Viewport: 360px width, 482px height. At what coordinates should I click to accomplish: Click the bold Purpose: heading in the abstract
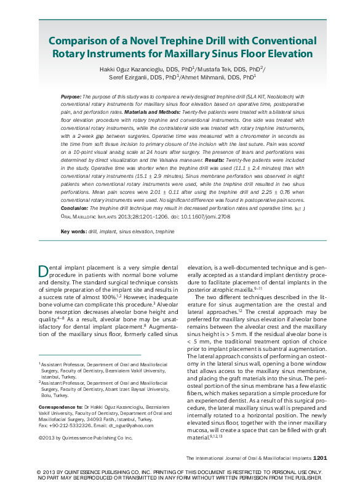coord(71,97)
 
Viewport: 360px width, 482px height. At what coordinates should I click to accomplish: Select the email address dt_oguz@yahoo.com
coord(134,425)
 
